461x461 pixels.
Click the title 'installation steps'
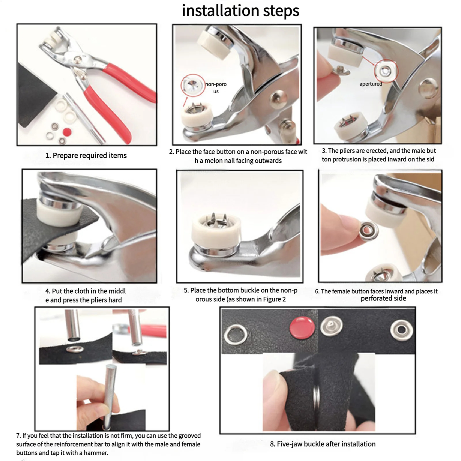(241, 11)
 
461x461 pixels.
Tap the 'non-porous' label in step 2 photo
(216, 88)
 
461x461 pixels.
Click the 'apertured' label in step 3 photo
(371, 84)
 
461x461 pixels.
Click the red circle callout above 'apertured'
(386, 71)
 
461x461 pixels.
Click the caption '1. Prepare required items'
(86, 156)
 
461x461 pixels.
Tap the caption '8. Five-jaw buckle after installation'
(323, 444)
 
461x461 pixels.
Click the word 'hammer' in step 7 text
(97, 453)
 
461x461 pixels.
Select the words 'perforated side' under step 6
(383, 298)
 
